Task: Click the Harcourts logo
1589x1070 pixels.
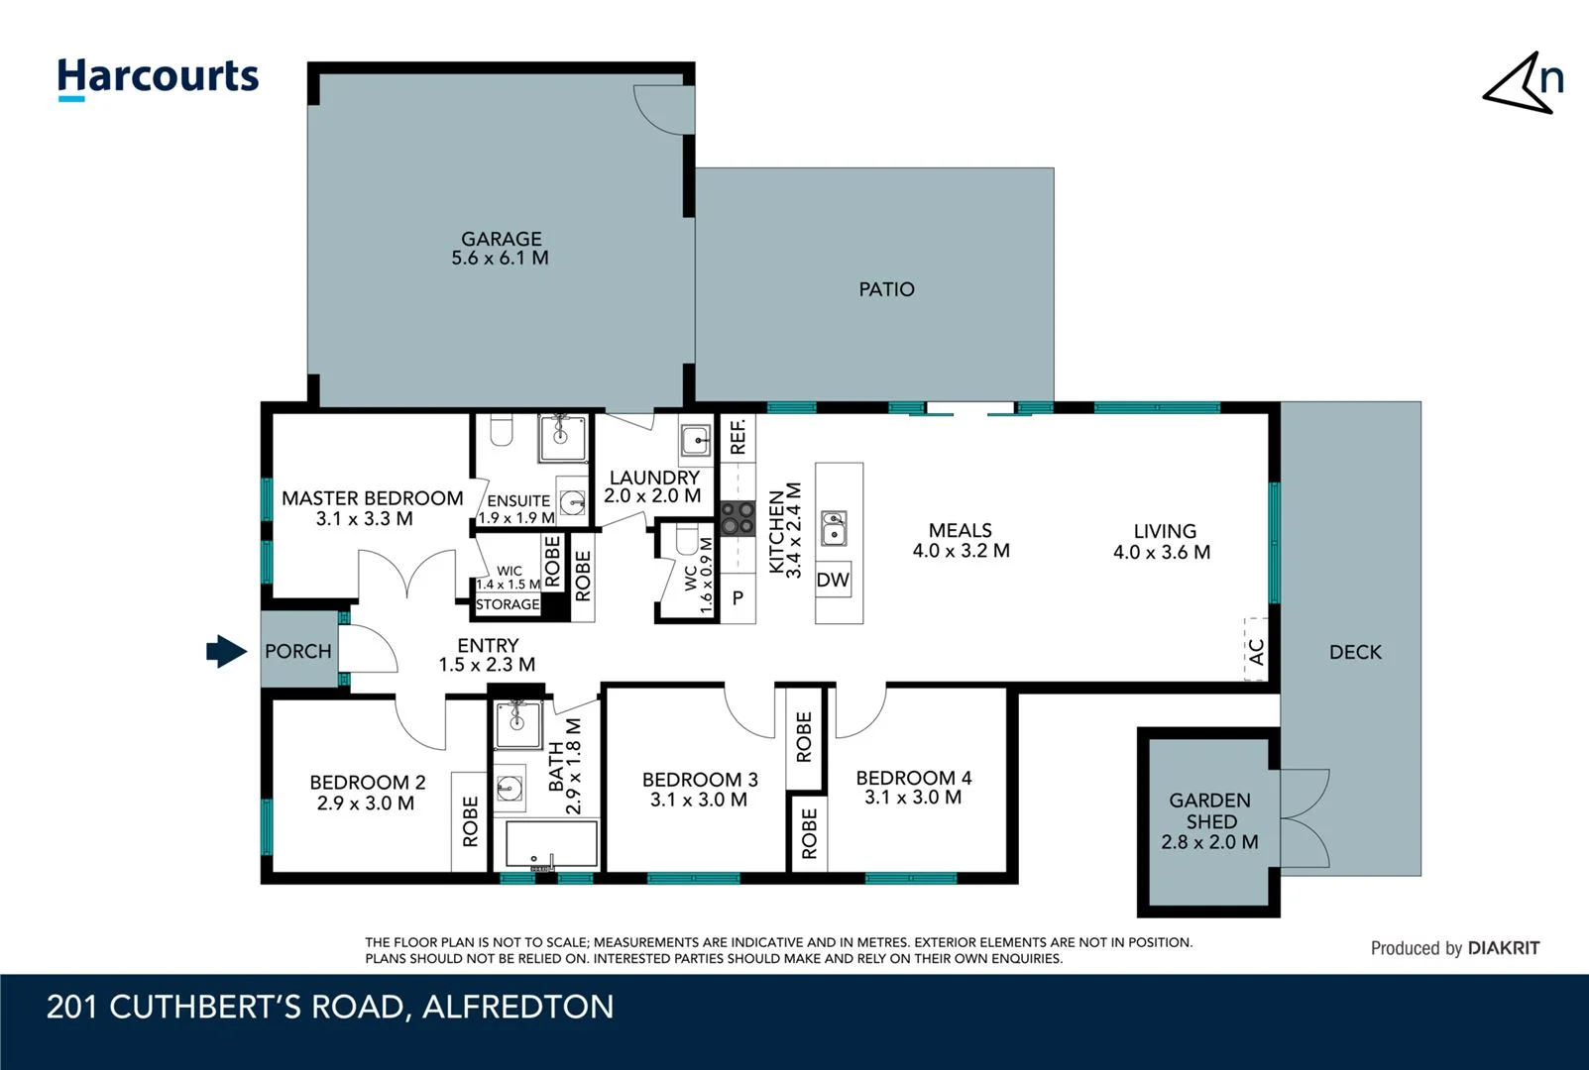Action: (158, 77)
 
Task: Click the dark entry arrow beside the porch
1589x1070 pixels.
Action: (226, 651)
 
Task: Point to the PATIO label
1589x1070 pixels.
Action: (886, 289)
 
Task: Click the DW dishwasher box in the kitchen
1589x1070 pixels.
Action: (833, 580)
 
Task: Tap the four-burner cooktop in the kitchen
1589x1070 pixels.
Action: (738, 517)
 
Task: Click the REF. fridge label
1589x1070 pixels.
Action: (738, 437)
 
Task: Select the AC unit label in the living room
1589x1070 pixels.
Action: (1256, 651)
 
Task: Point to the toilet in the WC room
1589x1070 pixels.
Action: (687, 542)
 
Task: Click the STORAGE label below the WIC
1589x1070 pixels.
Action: (508, 604)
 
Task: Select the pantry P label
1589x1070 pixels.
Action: (738, 598)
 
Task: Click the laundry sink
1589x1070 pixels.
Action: (696, 438)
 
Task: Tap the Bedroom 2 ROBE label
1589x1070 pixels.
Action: (470, 821)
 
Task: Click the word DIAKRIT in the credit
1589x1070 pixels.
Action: (1504, 948)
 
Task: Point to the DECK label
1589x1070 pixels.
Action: (1354, 652)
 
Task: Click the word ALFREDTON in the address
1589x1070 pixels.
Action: (517, 1007)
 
